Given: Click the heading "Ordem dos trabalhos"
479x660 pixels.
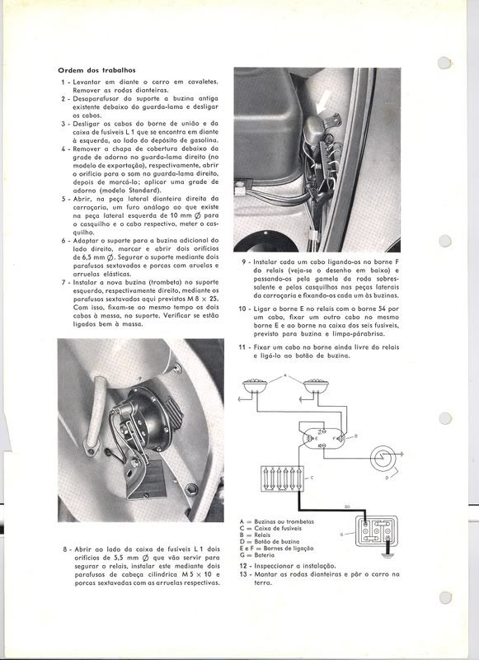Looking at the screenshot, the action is pos(96,70).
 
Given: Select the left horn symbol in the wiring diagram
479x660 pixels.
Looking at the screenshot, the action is pos(256,385).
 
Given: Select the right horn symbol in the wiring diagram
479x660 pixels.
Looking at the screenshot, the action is pos(316,385).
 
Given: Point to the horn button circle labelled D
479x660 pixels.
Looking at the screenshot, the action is pos(383,459).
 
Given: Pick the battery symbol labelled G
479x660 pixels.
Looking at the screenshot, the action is pos(377,530).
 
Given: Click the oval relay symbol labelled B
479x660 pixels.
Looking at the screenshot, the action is pos(323,438).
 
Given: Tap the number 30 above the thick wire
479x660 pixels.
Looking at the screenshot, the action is pos(347,507).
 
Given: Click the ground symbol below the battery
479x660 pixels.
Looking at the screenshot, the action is pos(386,554).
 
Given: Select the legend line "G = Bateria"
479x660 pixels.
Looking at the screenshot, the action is pos(257,555).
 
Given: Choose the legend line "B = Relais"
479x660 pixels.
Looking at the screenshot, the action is pos(256,535).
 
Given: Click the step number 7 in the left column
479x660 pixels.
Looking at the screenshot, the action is pos(63,282).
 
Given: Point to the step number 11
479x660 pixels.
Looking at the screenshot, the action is pos(242,347).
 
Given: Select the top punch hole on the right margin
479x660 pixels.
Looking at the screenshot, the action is pos(444,63).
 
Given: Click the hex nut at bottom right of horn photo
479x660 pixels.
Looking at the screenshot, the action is pos(191,489).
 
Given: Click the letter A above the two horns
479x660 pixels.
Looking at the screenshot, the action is pos(285,375).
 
